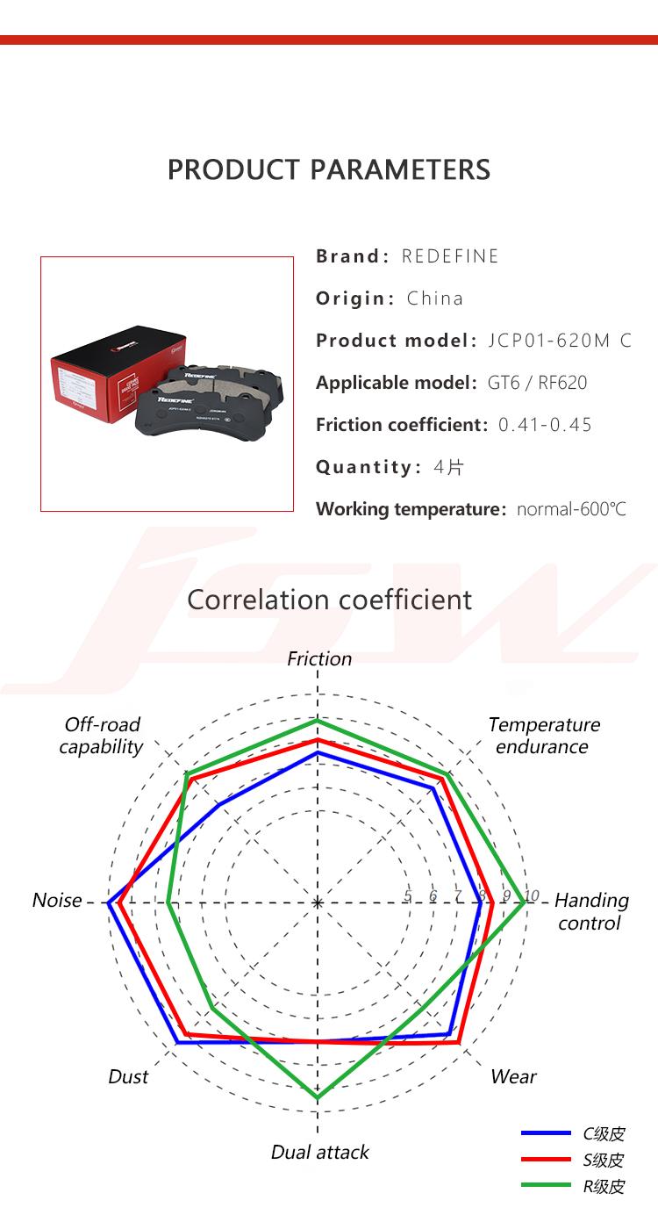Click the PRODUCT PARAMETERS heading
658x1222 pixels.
(x=329, y=169)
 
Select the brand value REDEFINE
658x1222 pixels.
(x=450, y=255)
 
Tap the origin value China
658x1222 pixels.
(x=435, y=298)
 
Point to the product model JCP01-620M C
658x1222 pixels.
(x=560, y=341)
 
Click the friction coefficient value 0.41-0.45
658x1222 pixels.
(x=545, y=424)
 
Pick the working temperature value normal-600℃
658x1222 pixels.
(x=571, y=509)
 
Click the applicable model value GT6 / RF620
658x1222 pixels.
(x=537, y=383)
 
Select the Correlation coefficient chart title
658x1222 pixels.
(x=329, y=600)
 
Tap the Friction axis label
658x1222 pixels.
(x=319, y=658)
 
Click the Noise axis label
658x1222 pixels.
(x=57, y=900)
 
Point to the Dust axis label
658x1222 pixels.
(x=128, y=1076)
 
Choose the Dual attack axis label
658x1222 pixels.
(x=320, y=1152)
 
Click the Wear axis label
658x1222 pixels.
(x=513, y=1076)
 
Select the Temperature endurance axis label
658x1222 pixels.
(x=544, y=736)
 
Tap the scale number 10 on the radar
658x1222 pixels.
(x=532, y=895)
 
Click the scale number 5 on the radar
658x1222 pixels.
(x=408, y=895)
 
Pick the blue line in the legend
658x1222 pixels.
(x=546, y=1133)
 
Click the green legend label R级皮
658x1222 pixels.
(x=604, y=1187)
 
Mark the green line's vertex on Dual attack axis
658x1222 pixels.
(x=318, y=1097)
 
